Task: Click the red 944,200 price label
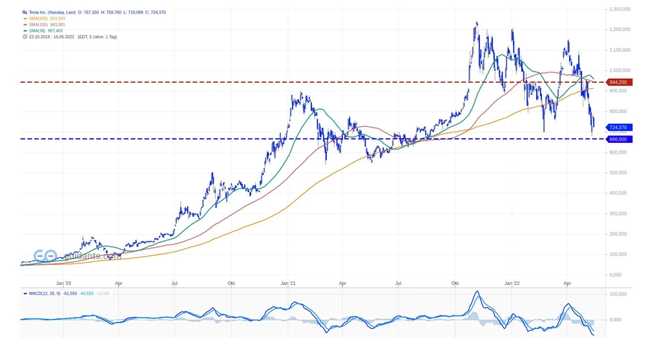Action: tap(618, 82)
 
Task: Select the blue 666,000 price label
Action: tap(618, 139)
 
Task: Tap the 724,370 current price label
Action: tap(618, 127)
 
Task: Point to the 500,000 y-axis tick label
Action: tap(618, 173)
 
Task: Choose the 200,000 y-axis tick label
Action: tap(618, 234)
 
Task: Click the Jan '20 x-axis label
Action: tap(63, 283)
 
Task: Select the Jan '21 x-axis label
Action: tap(289, 283)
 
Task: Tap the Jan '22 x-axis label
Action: tap(512, 283)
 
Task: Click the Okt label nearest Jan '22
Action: tap(455, 283)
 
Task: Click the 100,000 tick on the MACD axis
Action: tap(618, 294)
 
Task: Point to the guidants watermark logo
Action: tap(78, 256)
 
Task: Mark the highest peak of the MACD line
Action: tap(477, 292)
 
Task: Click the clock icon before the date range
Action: tap(24, 36)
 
